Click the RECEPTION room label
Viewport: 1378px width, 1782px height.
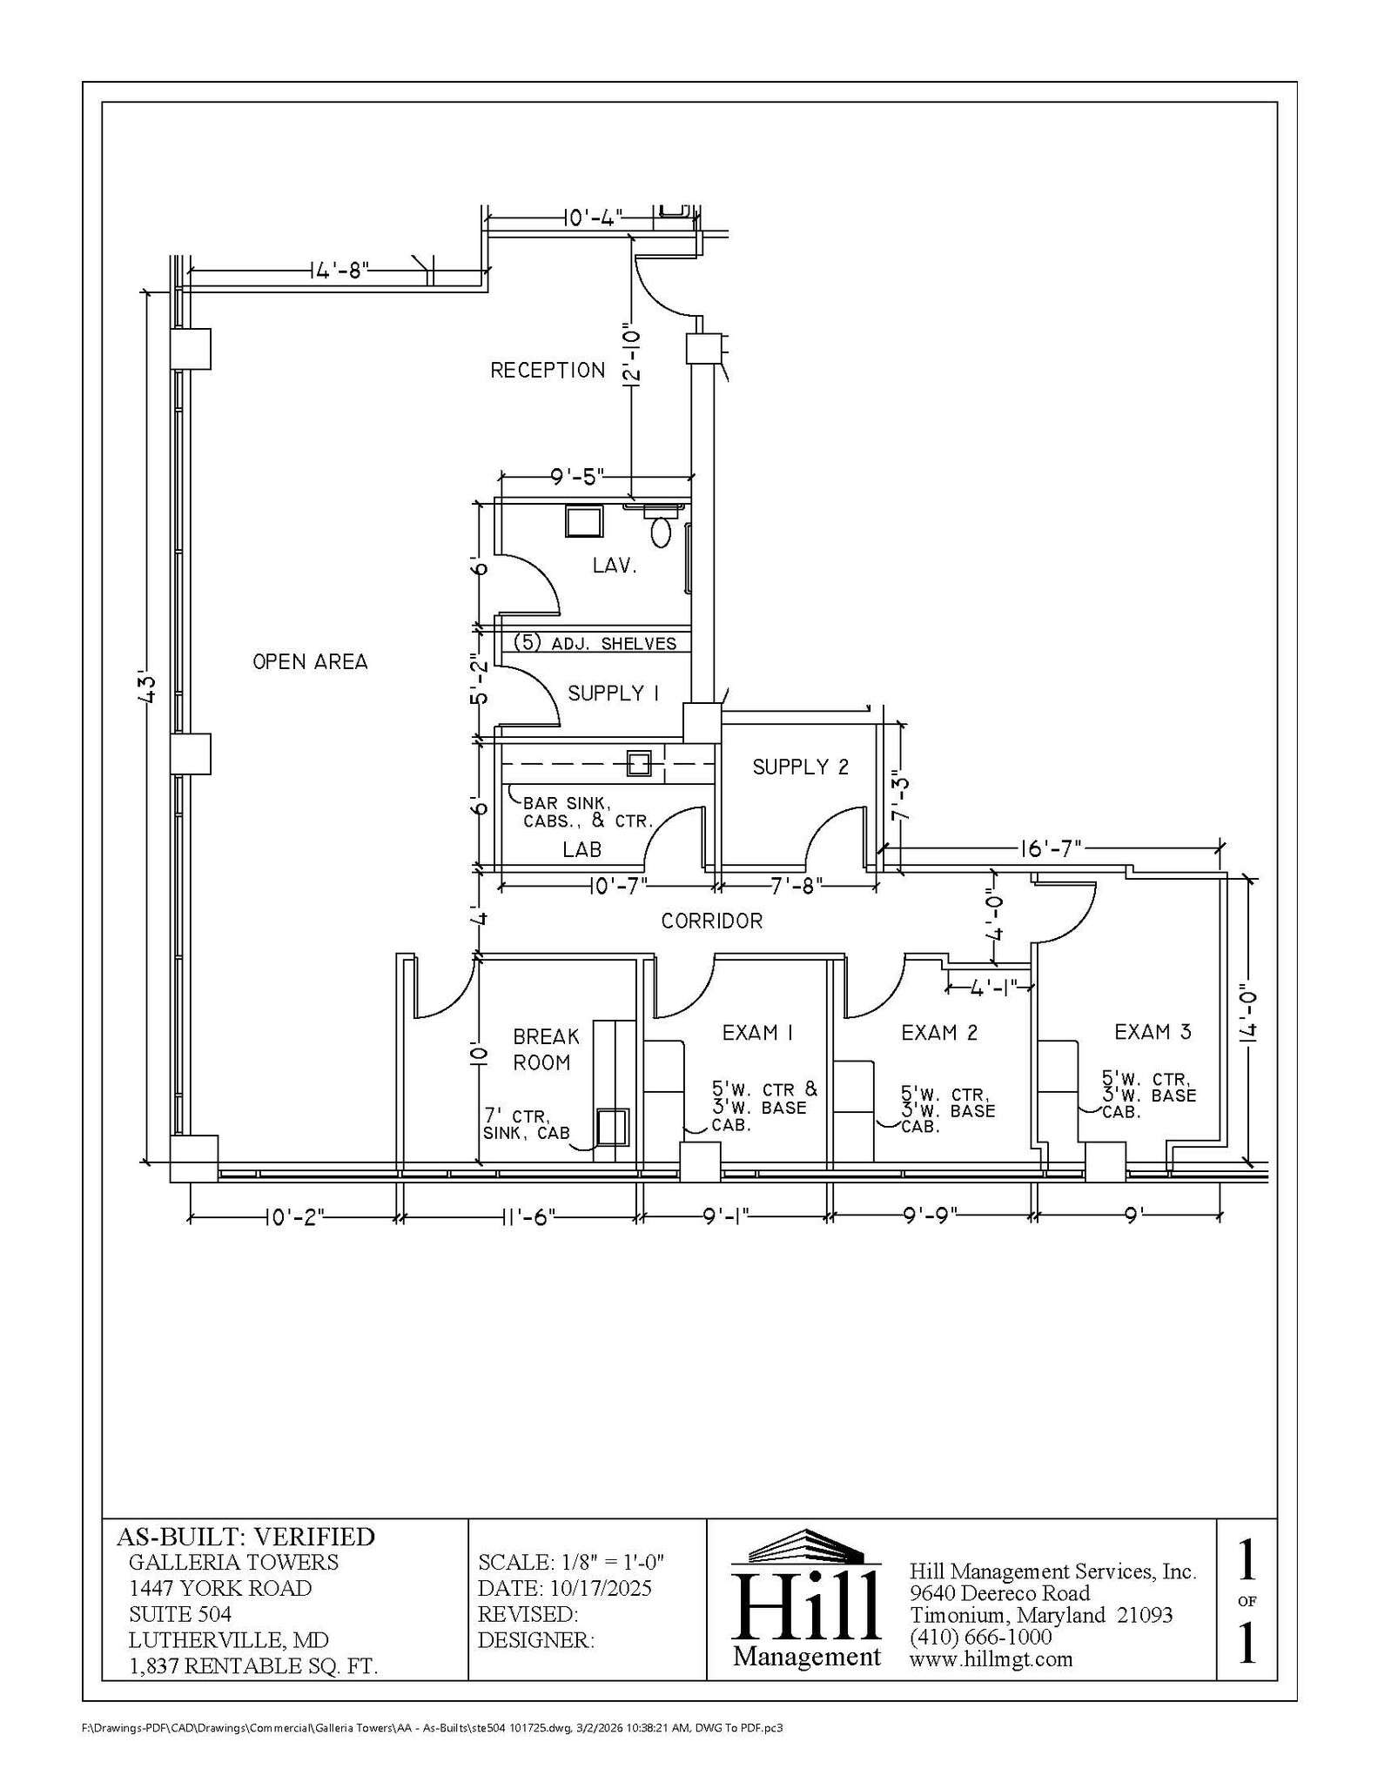coord(548,371)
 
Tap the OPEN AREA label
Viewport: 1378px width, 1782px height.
coord(310,662)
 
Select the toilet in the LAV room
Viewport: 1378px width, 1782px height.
coord(662,531)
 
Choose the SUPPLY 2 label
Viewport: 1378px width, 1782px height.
coord(800,767)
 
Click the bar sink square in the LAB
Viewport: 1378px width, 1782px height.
coord(640,764)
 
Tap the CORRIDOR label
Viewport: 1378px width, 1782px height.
coord(711,921)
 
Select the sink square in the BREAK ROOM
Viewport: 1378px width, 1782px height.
coord(612,1127)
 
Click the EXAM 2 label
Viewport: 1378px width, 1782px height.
coord(939,1033)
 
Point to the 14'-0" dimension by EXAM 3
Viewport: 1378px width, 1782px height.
coord(1250,1016)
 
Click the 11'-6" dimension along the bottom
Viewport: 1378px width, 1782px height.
coord(528,1217)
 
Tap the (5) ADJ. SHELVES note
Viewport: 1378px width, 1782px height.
coord(595,644)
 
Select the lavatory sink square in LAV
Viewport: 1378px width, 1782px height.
coord(582,521)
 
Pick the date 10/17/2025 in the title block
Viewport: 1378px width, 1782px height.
coord(600,1588)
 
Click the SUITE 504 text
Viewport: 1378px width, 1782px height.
coord(180,1614)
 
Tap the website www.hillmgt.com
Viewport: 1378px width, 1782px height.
coord(991,1659)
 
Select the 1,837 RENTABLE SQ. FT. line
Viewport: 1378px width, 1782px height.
coord(252,1666)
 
